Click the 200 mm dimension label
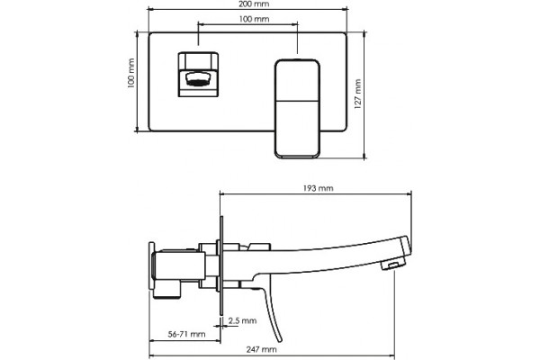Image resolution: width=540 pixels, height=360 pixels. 254,4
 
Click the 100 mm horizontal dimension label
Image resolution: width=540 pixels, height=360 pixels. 254,19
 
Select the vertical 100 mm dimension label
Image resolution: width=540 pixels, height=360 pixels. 130,74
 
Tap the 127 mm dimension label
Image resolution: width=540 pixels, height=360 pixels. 358,94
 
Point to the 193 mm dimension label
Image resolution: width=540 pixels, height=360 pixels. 319,188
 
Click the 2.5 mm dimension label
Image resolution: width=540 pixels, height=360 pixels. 242,320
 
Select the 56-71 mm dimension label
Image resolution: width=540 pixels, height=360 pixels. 186,334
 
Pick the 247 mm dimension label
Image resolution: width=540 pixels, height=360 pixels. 261,349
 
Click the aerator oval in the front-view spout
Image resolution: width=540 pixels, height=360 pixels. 198,79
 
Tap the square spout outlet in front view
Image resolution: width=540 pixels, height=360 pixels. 198,75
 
